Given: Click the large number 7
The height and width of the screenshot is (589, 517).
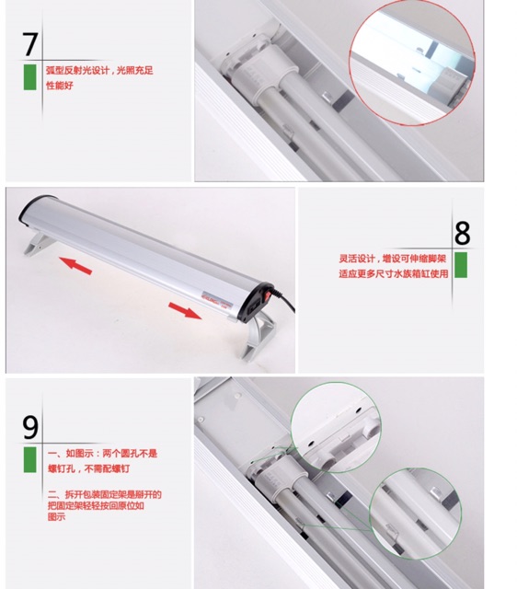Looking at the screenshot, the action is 30,44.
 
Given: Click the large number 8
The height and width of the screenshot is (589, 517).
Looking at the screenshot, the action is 462,233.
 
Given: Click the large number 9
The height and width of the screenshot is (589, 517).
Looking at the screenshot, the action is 30,427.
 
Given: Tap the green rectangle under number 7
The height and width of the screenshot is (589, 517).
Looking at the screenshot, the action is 30,77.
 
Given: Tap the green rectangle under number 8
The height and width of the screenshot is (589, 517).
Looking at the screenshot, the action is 461,265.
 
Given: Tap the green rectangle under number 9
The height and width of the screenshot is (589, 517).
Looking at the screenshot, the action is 30,459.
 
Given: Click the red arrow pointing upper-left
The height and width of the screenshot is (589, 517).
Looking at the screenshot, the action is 75,265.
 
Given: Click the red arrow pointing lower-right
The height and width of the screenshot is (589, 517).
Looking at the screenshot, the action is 185,311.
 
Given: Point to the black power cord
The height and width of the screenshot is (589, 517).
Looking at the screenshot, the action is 284,300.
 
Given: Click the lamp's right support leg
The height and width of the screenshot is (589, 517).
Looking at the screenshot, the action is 258,337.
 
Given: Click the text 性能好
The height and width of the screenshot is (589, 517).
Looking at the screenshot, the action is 59,86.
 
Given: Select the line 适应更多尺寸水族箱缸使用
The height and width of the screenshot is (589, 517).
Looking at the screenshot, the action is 394,274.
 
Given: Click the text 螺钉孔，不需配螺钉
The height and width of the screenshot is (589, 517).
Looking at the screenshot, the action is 88,468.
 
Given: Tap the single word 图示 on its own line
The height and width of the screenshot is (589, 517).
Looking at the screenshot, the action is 56,517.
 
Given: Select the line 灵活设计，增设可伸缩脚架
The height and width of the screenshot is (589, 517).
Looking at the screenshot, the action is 392,259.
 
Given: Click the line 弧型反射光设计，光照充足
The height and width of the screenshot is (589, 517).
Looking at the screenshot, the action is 99,71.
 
